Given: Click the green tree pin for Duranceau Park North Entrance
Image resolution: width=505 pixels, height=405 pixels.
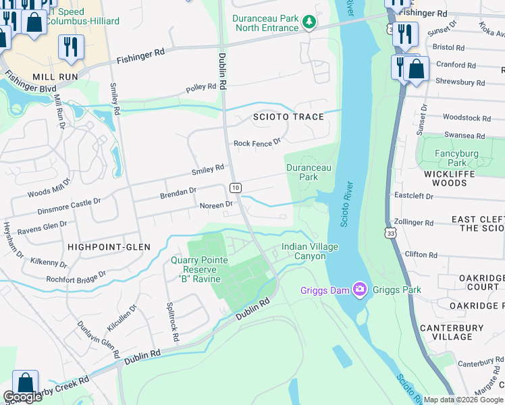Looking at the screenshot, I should click(309, 22).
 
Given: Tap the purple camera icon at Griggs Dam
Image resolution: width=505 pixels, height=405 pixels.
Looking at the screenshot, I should click(360, 290).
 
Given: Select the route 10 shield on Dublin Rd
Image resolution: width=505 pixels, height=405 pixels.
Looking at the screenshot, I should click(235, 188).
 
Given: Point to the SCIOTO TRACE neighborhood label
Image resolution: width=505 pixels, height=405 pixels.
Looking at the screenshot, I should click(288, 117).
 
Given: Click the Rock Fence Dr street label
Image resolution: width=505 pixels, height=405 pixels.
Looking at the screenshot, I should click(257, 143).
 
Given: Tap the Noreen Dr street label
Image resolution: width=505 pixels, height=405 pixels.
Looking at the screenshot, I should click(216, 205).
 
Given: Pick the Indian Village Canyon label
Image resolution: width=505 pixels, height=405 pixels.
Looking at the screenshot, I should click(309, 252).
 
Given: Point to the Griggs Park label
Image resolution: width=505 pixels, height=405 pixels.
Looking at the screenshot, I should click(398, 290).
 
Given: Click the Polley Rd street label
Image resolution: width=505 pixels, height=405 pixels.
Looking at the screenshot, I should click(201, 87).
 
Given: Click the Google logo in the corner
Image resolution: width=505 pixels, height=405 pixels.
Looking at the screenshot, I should click(22, 398).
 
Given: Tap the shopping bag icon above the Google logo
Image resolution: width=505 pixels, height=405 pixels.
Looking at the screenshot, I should click(25, 381).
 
